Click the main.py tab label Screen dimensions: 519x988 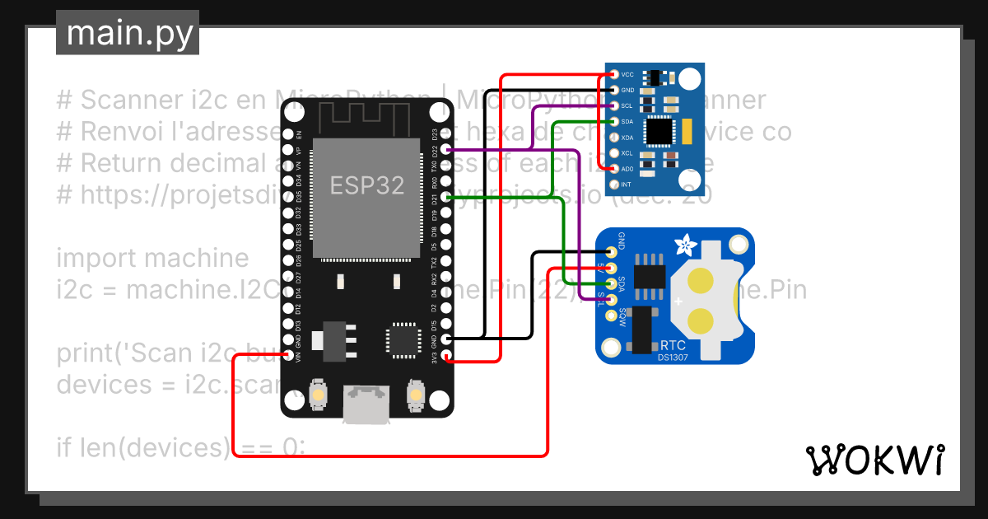point(128,34)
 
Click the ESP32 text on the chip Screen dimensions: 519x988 point(367,185)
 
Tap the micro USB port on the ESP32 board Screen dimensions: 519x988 point(366,404)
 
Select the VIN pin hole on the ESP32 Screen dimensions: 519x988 point(288,356)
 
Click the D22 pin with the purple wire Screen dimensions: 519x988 point(446,150)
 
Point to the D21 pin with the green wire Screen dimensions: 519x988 point(446,198)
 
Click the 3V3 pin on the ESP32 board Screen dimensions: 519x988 point(446,356)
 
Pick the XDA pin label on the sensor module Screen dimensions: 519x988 point(627,138)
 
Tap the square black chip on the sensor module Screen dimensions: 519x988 point(659,130)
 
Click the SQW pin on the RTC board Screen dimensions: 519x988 point(610,315)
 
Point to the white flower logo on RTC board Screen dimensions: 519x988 point(683,245)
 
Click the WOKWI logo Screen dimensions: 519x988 point(874,460)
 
